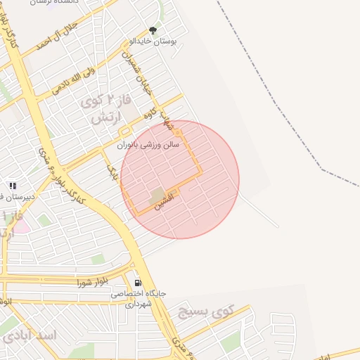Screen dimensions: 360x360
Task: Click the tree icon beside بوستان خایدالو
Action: tap(153, 30)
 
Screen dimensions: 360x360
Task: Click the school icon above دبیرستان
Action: tap(12, 186)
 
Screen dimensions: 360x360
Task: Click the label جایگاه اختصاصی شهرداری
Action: tap(138, 298)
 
